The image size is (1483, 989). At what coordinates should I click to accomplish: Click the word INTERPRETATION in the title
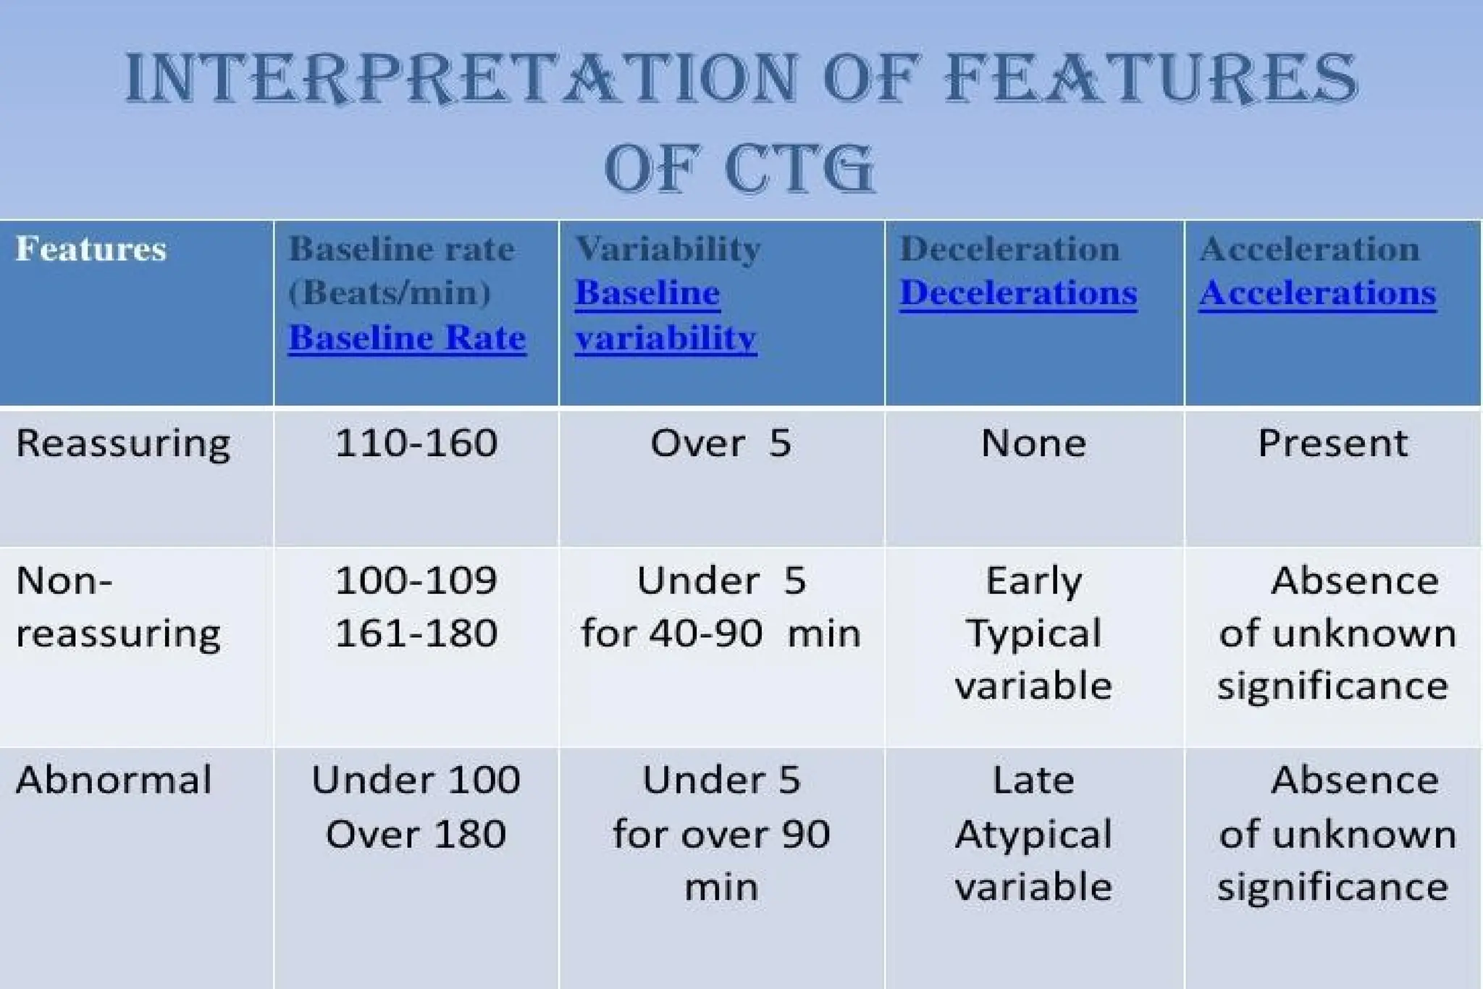461,78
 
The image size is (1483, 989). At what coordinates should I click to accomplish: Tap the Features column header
91,249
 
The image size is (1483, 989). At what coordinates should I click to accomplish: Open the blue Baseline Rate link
407,338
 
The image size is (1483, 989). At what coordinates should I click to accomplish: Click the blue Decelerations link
1018,293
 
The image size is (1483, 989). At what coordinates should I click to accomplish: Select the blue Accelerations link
1317,293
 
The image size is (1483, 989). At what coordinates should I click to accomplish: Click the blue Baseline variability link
665,316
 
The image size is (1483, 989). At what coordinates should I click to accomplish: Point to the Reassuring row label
123,443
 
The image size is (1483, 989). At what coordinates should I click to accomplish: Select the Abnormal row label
114,780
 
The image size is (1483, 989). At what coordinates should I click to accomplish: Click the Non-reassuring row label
117,607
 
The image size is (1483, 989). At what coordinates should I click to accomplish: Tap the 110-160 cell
416,443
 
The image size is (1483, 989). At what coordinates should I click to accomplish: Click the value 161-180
416,634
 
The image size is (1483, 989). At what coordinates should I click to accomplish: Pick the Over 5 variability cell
721,443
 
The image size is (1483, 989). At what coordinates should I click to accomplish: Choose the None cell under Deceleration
1033,443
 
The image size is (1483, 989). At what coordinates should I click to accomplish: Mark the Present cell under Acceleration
1332,443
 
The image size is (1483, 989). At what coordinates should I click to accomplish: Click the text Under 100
416,780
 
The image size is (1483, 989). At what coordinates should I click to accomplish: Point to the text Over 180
416,834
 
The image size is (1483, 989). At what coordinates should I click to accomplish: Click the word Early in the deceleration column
1033,581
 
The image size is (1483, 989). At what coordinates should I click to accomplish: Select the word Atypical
1033,834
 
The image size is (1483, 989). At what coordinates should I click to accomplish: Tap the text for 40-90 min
721,634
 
